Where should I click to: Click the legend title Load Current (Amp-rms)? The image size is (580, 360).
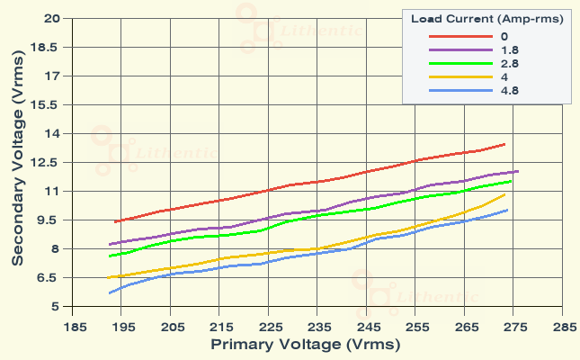(486, 18)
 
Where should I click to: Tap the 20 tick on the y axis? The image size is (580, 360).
(51, 19)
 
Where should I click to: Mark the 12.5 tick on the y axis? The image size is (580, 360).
(47, 163)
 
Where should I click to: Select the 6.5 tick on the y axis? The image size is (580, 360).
(49, 278)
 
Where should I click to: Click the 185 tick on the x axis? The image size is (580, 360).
(73, 328)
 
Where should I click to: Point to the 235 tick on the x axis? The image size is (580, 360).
(318, 328)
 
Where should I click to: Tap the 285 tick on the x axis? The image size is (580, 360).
(564, 328)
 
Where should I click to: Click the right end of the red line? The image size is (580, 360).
(504, 144)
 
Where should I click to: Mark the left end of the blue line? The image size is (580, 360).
(110, 292)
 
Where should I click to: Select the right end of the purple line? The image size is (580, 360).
(518, 171)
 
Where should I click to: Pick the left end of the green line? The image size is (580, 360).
(110, 256)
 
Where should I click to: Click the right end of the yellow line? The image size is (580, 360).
(504, 194)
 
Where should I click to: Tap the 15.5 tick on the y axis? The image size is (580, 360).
(47, 105)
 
